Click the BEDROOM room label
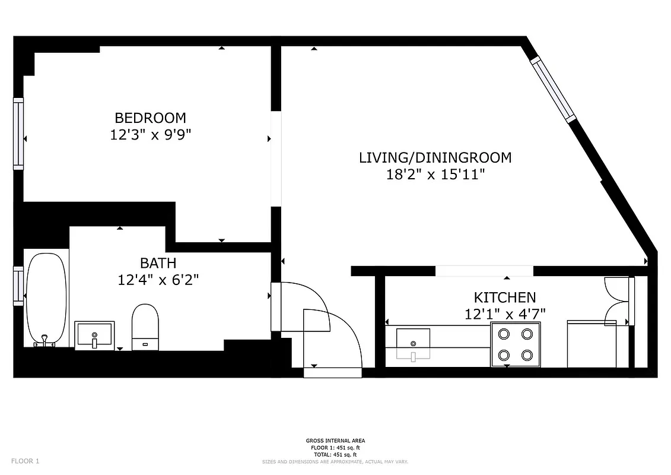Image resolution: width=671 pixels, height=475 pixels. [x=150, y=118]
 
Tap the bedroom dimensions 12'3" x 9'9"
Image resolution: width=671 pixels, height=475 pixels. [x=150, y=135]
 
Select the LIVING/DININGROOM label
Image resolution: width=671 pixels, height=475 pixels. [x=435, y=158]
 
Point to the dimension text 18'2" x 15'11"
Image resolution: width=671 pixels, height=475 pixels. [x=435, y=175]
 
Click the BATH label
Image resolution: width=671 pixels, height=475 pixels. [x=158, y=262]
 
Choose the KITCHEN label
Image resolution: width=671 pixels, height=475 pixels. [x=504, y=297]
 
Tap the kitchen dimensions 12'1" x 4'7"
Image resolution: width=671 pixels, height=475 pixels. [x=504, y=313]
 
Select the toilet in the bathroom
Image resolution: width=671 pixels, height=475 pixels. [x=145, y=326]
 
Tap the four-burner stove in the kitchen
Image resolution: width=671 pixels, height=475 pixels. [x=516, y=344]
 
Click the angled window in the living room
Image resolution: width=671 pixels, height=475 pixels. [x=553, y=89]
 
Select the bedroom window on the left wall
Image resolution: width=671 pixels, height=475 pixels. [x=18, y=134]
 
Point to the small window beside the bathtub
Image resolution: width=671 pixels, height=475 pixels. [x=18, y=286]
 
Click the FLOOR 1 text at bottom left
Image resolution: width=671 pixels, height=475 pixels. [x=26, y=461]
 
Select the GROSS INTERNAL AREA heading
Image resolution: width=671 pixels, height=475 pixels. [x=335, y=441]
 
